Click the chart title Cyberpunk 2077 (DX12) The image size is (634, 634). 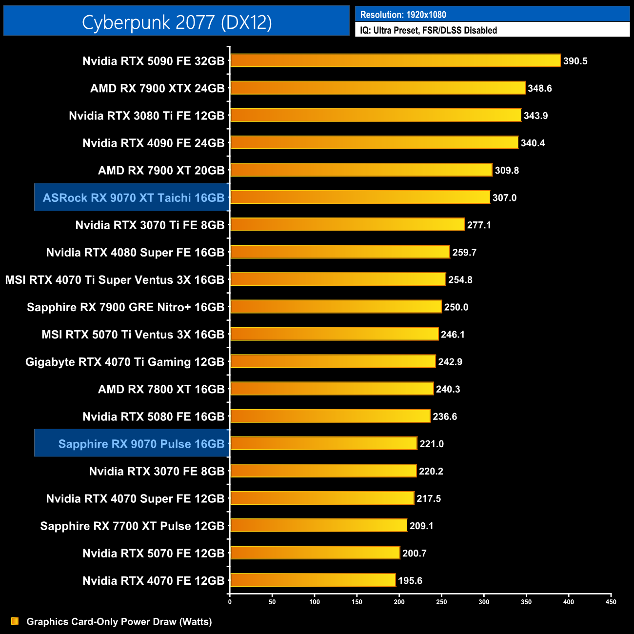[177, 22]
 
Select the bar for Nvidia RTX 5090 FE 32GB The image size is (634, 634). [395, 60]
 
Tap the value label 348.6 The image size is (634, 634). [539, 88]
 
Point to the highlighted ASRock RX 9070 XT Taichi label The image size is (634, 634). [133, 198]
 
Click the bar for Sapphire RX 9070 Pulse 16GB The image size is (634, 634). [323, 443]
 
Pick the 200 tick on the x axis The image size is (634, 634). [399, 602]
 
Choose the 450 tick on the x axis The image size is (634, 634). [611, 602]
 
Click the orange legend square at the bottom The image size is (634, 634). [15, 621]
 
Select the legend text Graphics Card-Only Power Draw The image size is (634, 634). [119, 621]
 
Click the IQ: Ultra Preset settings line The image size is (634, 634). [428, 30]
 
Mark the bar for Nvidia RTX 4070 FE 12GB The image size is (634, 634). [313, 580]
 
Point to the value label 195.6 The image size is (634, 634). [410, 580]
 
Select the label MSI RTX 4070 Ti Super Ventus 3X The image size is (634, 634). [115, 279]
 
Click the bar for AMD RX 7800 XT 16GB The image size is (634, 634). [332, 389]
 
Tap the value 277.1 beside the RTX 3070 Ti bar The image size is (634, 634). [478, 225]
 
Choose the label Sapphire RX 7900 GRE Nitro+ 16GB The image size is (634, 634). [125, 307]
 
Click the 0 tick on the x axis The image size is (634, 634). [230, 602]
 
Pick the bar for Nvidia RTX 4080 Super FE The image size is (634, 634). [339, 252]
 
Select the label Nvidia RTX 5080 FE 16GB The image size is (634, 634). [153, 416]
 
